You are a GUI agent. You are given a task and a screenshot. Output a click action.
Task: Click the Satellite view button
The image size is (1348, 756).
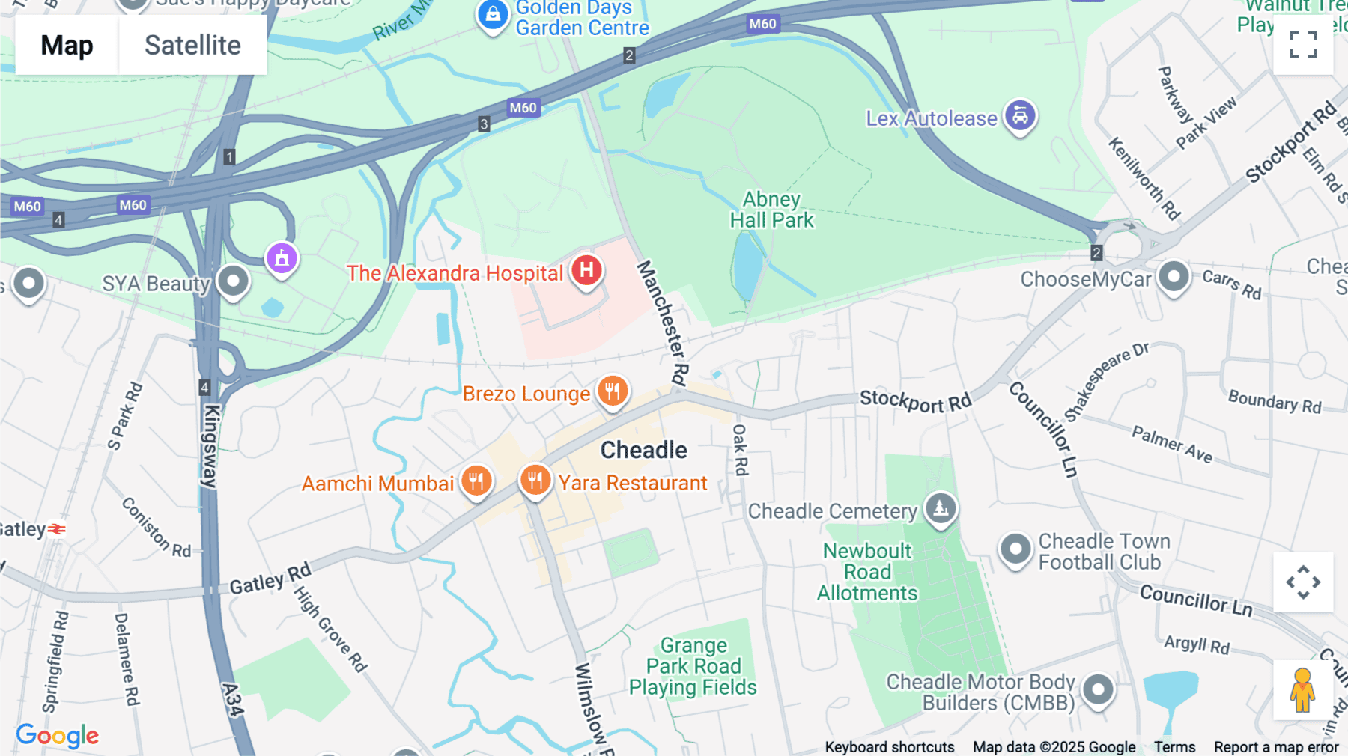192,45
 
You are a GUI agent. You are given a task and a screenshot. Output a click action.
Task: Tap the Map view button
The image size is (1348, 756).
67,45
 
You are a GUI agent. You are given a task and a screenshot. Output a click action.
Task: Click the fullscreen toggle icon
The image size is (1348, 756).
1303,45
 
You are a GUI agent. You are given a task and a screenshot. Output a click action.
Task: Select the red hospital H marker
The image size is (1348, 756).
586,270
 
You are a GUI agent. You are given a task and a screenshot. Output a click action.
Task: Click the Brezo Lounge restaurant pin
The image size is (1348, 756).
613,391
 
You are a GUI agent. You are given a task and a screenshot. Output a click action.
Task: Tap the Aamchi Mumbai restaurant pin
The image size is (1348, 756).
476,481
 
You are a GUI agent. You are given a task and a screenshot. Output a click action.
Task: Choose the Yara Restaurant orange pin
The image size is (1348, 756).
535,480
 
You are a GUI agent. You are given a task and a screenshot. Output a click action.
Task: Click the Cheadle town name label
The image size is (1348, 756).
643,450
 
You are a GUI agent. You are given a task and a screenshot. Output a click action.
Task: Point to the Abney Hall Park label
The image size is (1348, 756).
771,210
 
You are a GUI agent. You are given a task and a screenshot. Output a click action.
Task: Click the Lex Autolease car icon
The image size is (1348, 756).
1020,116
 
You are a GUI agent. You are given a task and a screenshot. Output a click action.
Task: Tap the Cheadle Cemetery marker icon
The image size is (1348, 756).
941,509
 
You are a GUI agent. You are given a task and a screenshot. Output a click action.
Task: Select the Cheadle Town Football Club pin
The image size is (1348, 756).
1015,549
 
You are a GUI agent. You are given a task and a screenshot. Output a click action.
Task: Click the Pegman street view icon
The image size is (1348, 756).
1302,689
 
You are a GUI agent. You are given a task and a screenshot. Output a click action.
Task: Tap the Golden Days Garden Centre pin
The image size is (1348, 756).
493,14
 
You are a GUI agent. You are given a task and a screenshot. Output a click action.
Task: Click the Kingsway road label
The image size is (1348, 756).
211,446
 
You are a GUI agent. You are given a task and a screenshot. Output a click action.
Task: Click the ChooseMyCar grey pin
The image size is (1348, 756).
1174,277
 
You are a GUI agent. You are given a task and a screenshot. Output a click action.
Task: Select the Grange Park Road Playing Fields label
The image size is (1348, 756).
693,666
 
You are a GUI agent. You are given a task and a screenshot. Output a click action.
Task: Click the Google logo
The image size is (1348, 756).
57,735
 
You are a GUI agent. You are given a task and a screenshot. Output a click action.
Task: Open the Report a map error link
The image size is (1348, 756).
1275,747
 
